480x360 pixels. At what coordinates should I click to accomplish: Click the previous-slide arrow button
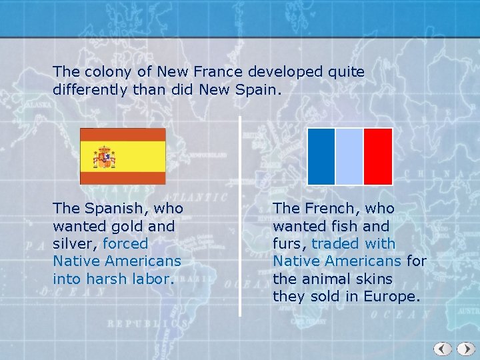pyautogui.click(x=443, y=349)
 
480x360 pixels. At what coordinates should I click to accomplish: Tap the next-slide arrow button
pyautogui.click(x=463, y=349)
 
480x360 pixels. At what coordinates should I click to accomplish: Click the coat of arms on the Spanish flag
pyautogui.click(x=105, y=158)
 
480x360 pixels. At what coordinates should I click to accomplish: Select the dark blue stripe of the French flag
pyautogui.click(x=321, y=156)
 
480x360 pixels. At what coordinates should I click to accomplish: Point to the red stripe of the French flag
pyautogui.click(x=378, y=156)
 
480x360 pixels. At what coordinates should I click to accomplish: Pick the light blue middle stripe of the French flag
pyautogui.click(x=349, y=156)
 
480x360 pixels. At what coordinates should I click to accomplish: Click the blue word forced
pyautogui.click(x=125, y=244)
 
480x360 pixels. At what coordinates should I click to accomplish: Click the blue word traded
pyautogui.click(x=335, y=244)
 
